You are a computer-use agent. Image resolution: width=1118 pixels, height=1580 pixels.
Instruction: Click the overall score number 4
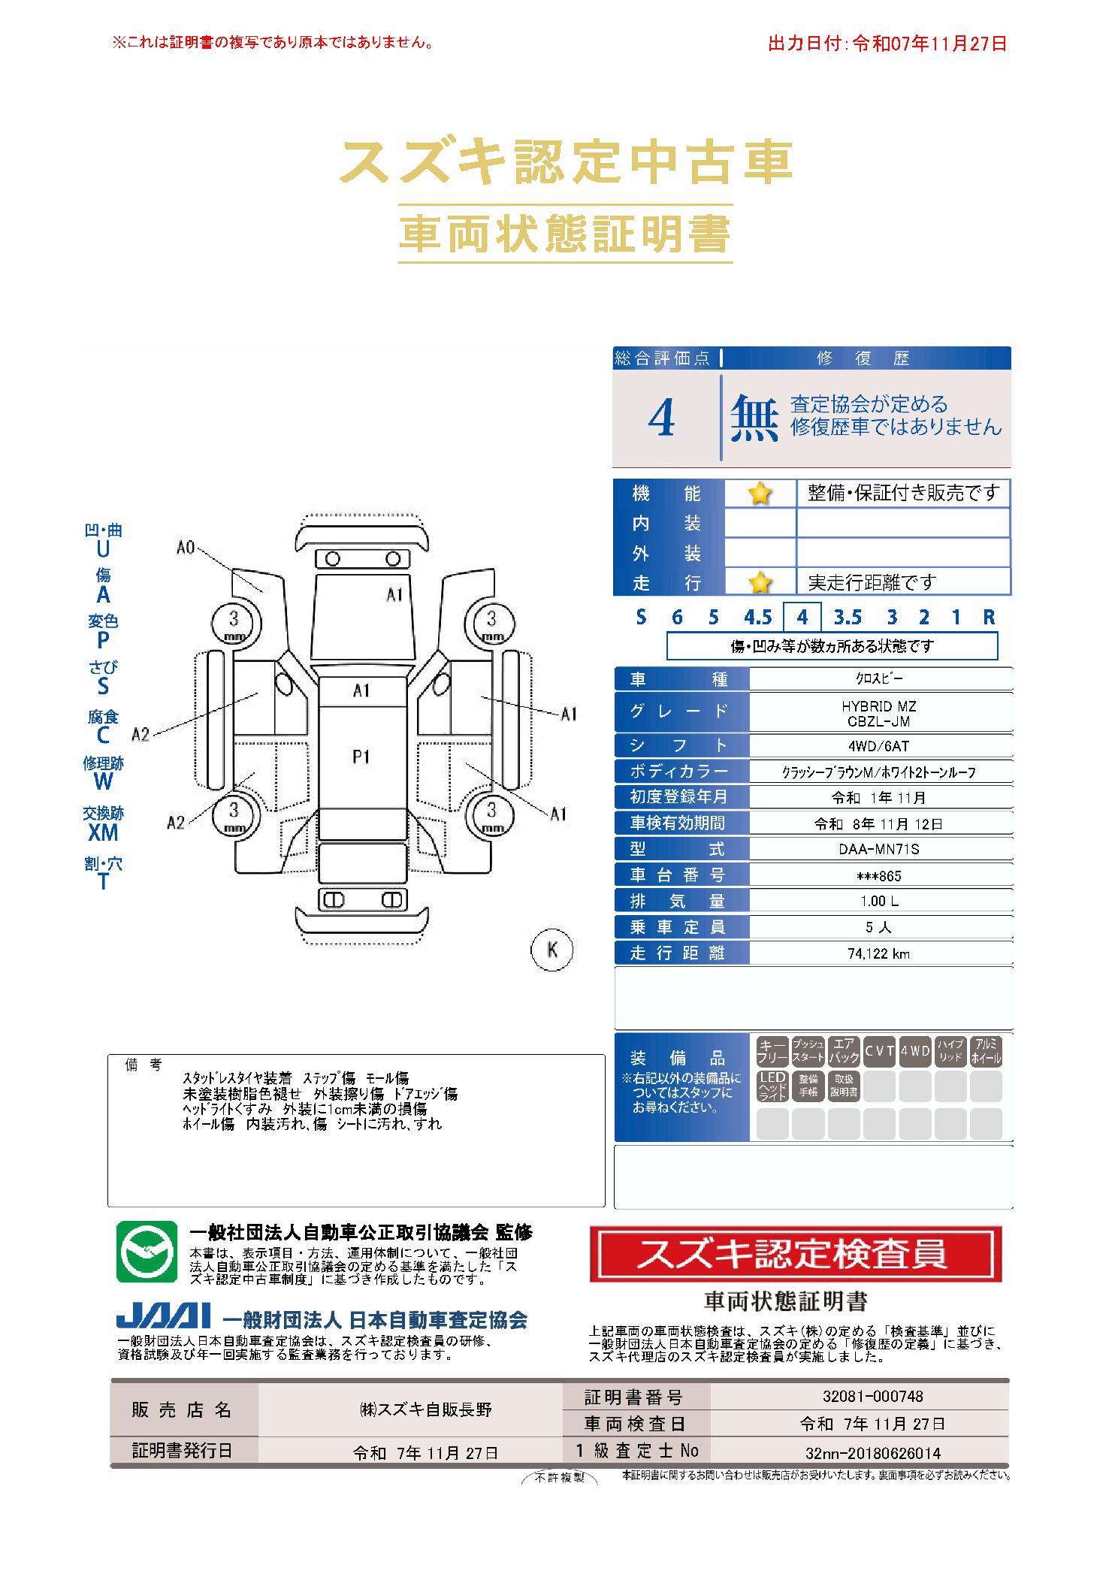pos(661,418)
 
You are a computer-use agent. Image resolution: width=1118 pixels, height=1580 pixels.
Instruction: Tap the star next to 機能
pos(760,494)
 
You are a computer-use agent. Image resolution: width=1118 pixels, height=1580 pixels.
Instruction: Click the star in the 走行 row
pos(760,582)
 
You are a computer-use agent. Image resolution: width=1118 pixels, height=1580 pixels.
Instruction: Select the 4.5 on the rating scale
pos(757,618)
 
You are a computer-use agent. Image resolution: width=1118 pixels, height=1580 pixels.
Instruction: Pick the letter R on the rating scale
pos(989,618)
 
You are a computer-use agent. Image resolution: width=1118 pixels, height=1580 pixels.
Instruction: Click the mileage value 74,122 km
pos(878,953)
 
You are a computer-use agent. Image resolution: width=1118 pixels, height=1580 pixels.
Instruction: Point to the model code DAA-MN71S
pos(878,850)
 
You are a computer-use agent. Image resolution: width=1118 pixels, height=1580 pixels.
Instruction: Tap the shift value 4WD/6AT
pos(878,746)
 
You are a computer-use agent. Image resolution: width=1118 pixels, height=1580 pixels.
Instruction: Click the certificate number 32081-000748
pos(873,1397)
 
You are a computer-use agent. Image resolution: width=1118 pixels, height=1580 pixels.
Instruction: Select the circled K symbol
pos(552,950)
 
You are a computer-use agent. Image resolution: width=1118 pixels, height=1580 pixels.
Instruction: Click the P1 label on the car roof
pos(361,757)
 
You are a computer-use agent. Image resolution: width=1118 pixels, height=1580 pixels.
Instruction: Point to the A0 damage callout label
pos(186,548)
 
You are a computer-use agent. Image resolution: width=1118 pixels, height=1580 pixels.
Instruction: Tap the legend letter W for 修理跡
pos(103,781)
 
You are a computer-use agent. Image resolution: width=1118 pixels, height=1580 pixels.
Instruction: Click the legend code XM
pos(103,832)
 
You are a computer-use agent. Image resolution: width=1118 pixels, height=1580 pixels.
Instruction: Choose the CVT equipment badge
pos(878,1051)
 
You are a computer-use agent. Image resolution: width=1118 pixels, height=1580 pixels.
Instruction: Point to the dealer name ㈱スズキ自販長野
pos(425,1409)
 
